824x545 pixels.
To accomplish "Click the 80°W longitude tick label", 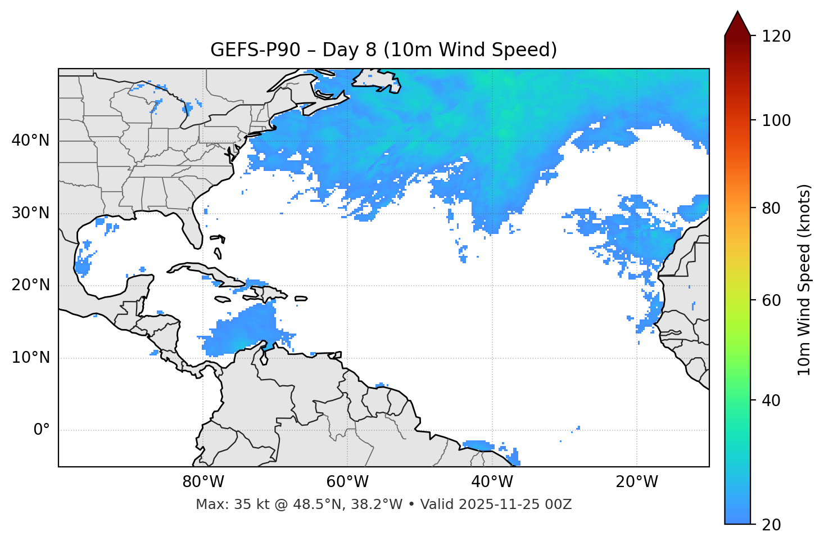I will (203, 482).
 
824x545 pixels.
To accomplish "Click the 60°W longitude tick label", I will (347, 482).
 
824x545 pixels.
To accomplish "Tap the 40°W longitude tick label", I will (492, 482).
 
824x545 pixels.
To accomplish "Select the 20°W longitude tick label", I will (637, 482).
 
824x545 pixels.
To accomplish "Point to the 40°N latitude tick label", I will (30, 141).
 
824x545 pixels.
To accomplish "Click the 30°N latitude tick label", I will (30, 213).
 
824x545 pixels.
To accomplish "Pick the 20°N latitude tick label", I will (30, 285).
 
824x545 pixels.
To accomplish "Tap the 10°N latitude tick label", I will (30, 358).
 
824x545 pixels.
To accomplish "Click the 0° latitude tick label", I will (42, 430).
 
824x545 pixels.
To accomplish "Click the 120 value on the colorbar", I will (776, 37).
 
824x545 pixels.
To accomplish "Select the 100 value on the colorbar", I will (776, 120).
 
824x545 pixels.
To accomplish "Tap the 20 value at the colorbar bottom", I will (771, 525).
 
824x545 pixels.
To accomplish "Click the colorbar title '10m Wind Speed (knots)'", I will (804, 280).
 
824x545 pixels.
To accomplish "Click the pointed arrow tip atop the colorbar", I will (737, 14).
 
